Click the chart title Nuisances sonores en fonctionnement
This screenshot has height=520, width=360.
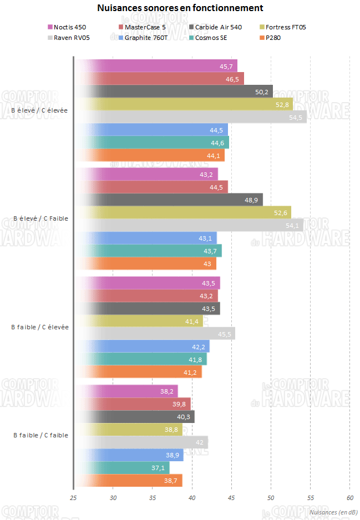180,8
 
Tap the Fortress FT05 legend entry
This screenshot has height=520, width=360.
285,27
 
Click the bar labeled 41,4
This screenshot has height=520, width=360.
139,321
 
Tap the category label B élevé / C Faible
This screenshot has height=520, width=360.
40,218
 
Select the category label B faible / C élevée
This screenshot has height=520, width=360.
39,327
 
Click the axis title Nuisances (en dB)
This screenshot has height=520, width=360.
333,513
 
